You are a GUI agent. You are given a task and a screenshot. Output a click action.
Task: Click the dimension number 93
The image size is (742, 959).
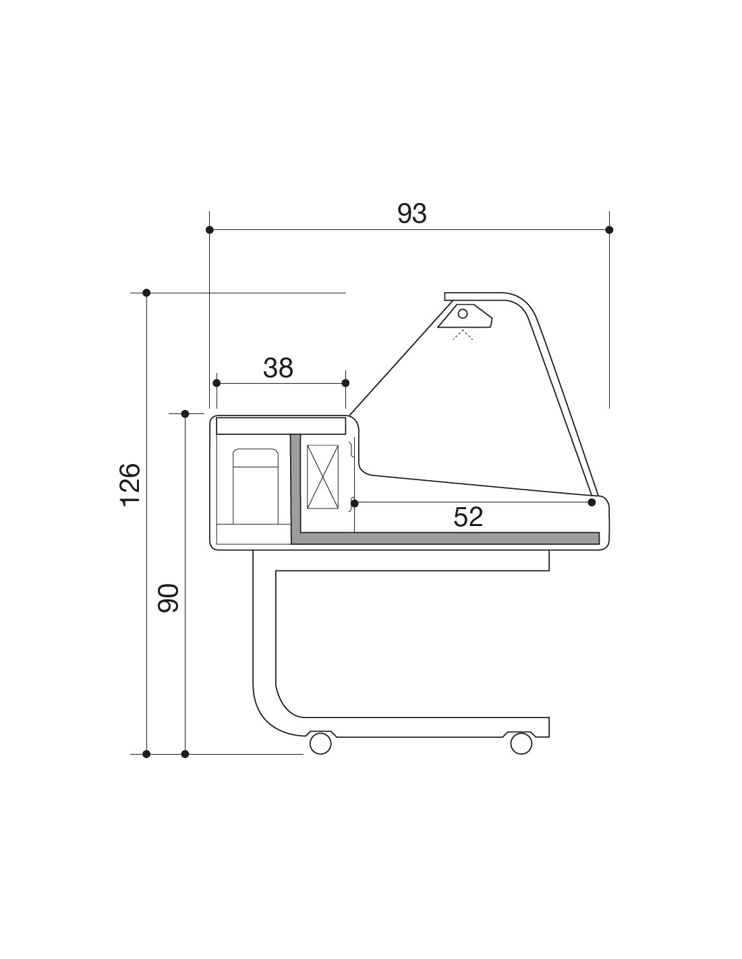point(412,214)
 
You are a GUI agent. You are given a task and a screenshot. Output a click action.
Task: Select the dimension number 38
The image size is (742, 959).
point(278,368)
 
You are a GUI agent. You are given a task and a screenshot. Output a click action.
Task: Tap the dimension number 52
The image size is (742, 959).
point(468,517)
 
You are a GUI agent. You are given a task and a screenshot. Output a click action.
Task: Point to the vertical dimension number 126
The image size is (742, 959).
point(131,485)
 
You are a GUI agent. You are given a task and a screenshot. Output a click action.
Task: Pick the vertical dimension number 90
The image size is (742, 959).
point(169,598)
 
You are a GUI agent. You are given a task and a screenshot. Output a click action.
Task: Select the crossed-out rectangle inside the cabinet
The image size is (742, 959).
point(322,477)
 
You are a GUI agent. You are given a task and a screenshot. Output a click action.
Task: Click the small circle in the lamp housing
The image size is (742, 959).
point(463,314)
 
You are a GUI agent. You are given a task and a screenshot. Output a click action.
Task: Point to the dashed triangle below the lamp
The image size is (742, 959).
point(463,335)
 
